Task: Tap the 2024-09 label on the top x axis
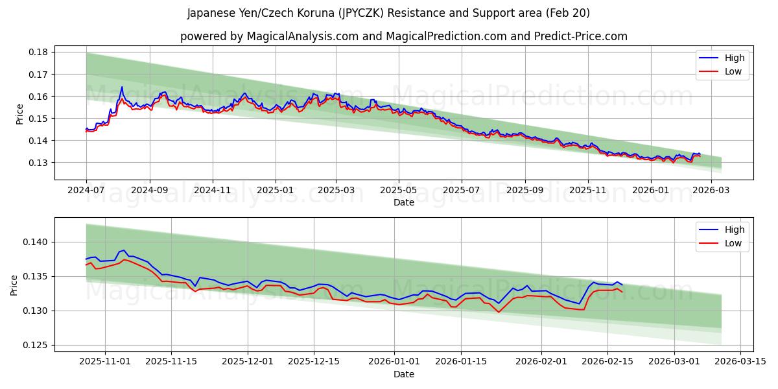[150, 191]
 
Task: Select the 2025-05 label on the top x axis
[398, 191]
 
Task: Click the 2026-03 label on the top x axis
[711, 191]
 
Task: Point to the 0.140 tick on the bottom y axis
[38, 242]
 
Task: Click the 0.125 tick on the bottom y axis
[38, 346]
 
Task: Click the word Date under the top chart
[404, 202]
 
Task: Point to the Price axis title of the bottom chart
[14, 284]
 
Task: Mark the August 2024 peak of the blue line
[121, 87]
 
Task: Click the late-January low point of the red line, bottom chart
[499, 312]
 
